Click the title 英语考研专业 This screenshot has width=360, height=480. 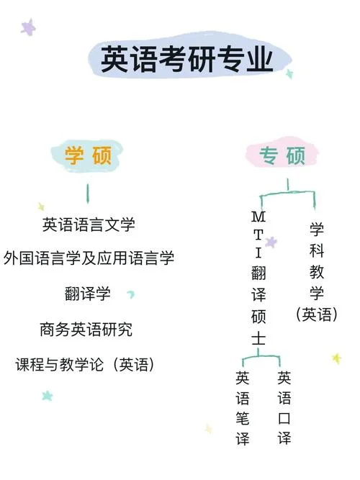click(186, 59)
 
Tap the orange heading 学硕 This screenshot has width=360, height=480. click(88, 155)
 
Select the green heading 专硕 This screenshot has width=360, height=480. click(282, 155)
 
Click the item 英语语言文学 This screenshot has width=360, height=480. click(89, 225)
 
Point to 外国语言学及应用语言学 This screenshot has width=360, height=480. click(89, 258)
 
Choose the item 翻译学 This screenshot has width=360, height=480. click(87, 294)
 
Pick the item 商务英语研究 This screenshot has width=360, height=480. click(86, 330)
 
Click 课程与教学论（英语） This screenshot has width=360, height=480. click(84, 364)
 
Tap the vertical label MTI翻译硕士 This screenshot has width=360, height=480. click(258, 278)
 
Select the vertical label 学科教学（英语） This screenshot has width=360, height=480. click(317, 271)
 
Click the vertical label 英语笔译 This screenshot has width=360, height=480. click(243, 408)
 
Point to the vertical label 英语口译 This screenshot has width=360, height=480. click(284, 408)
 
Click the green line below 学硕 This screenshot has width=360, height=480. click(88, 194)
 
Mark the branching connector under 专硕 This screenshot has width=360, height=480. click(288, 193)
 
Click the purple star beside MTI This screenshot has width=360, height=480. click(271, 242)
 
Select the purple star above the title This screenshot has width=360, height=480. click(28, 27)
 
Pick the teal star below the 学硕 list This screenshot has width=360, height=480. click(48, 396)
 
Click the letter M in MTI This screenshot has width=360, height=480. click(258, 217)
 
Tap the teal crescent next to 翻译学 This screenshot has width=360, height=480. click(131, 294)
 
